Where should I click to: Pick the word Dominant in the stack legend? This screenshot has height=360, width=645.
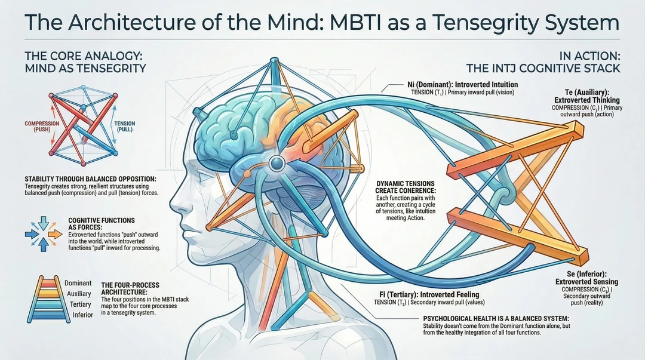(78, 282)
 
